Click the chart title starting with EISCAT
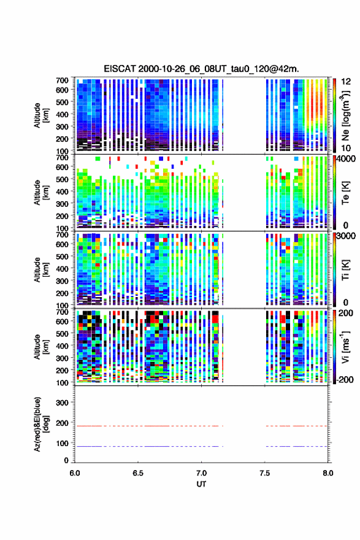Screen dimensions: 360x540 pos(201,69)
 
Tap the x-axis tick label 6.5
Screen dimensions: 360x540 pos(137,473)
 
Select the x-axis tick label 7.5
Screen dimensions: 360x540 pos(265,473)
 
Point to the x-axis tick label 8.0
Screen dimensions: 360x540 pos(328,473)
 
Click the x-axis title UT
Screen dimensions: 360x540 pos(201,484)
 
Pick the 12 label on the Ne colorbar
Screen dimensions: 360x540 pos(346,82)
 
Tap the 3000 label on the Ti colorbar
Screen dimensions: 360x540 pos(347,236)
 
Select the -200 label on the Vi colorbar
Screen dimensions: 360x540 pos(343,379)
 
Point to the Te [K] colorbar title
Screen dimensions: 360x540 pos(345,193)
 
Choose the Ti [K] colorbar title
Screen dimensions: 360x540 pos(345,269)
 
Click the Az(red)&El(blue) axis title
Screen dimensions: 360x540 pos(41,424)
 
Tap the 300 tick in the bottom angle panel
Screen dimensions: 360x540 pos(63,403)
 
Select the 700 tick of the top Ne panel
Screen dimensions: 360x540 pos(63,80)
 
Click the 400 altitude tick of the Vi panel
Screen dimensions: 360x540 pos(63,345)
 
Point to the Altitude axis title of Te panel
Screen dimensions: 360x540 pos(41,193)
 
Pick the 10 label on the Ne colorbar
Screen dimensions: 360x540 pos(346,148)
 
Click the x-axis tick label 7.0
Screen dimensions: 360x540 pos(201,473)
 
